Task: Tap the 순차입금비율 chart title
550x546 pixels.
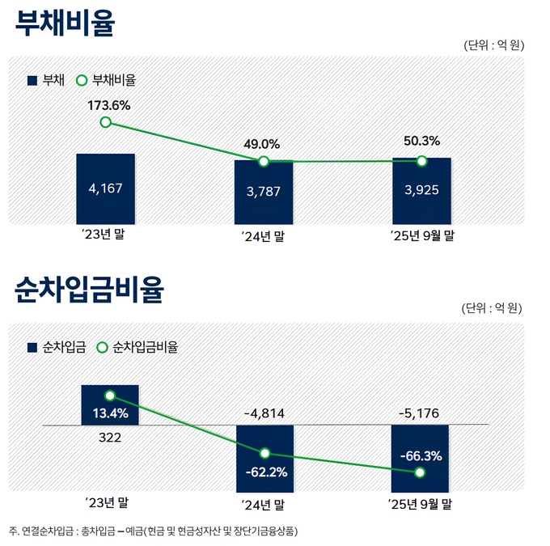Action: pos(89,289)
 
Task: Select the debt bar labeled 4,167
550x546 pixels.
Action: pos(105,188)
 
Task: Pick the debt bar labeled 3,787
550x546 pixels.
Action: pos(263,192)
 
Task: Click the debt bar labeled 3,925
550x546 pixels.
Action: pos(421,191)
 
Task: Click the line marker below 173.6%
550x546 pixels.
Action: pos(105,122)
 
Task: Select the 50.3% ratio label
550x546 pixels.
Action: pos(421,141)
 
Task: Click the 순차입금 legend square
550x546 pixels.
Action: pos(32,346)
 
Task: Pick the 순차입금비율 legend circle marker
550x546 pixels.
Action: pos(102,346)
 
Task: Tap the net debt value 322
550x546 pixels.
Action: pos(109,438)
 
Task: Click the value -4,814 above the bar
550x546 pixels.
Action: pos(264,413)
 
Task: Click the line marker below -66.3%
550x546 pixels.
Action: pos(419,472)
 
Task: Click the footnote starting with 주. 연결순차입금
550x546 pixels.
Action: pos(153,531)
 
